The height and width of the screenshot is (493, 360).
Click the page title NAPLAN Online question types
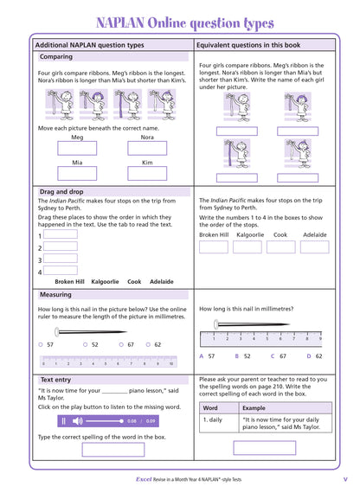180,20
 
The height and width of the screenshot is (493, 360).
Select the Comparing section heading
56,57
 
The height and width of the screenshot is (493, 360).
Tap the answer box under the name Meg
77,148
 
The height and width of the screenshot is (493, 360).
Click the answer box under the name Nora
147,148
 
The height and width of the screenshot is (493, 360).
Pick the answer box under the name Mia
77,173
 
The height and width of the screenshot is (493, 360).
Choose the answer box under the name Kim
147,173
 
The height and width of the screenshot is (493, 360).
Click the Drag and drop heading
63,191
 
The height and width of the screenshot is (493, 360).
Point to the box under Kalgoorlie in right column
249,247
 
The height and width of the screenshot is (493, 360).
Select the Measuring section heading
56,295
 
